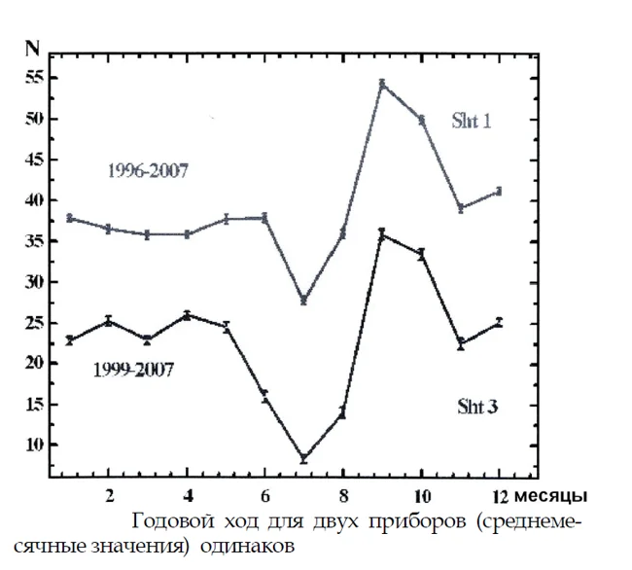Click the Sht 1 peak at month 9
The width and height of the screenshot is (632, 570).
click(383, 84)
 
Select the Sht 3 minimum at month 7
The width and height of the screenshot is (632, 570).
click(303, 458)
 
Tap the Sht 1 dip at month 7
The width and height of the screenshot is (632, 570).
click(303, 301)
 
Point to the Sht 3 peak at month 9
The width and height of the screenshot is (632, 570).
click(382, 233)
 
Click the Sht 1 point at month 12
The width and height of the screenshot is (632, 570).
click(499, 191)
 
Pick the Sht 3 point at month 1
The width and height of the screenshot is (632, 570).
click(69, 339)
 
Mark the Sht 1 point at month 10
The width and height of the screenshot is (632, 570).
click(422, 120)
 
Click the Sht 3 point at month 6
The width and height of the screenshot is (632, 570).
click(263, 396)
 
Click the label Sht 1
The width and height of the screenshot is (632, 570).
click(474, 123)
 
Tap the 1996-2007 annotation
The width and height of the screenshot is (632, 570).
click(146, 171)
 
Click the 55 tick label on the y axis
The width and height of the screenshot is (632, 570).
click(33, 79)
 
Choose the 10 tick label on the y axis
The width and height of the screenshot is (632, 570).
click(33, 445)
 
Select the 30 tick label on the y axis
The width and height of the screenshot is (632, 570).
click(33, 282)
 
